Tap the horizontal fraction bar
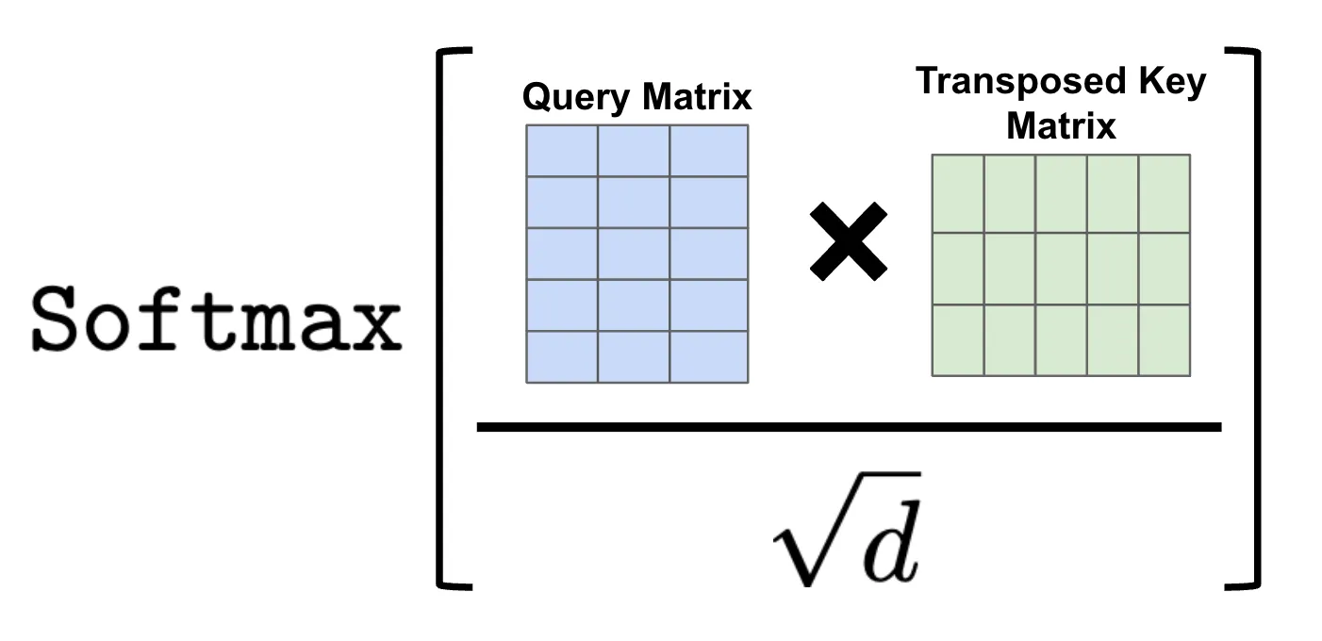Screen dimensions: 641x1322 click(x=849, y=427)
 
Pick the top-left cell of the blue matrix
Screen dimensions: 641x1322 click(x=562, y=151)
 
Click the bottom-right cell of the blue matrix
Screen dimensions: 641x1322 click(x=709, y=357)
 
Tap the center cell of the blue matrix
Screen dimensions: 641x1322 click(x=635, y=254)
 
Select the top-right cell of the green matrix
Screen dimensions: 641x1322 click(x=1165, y=192)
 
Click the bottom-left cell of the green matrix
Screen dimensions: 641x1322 click(x=958, y=340)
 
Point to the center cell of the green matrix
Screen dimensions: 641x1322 click(x=1062, y=268)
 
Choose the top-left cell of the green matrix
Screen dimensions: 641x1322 click(x=958, y=192)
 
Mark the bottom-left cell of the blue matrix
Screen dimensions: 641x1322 click(x=562, y=357)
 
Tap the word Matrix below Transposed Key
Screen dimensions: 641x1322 click(x=1061, y=125)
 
